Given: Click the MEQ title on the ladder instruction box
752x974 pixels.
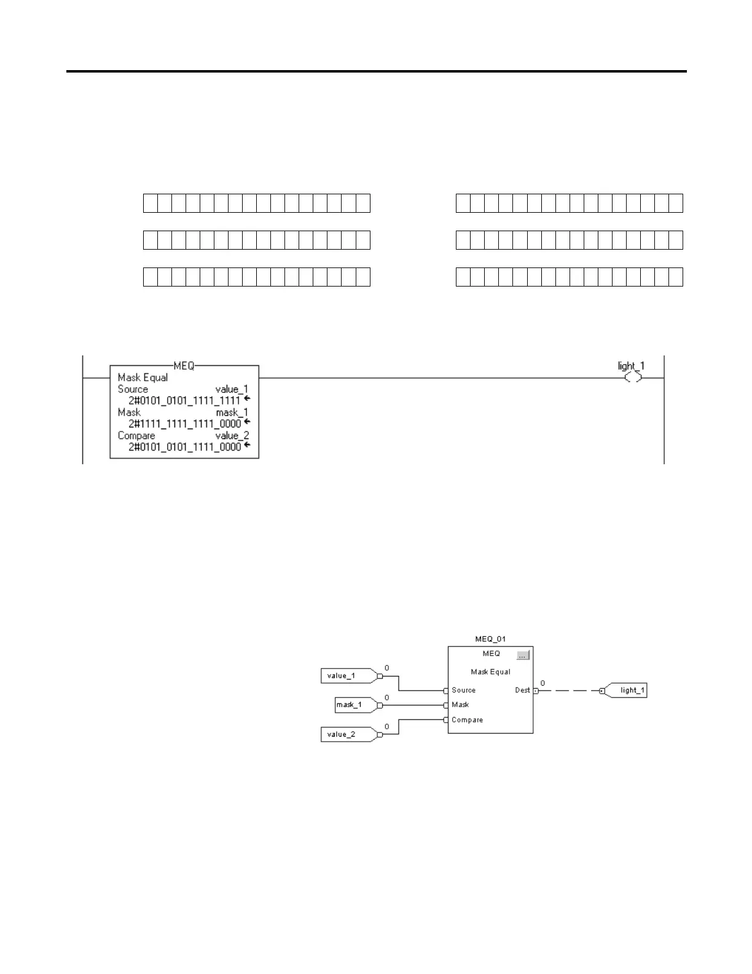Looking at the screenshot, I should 184,366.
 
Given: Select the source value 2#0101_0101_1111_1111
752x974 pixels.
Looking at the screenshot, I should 184,400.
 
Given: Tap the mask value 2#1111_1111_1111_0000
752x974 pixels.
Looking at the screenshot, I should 184,424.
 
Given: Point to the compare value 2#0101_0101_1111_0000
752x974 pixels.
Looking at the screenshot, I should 184,447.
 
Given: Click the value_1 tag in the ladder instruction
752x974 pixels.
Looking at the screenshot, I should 232,389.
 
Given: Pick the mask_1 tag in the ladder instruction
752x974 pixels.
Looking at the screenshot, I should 232,413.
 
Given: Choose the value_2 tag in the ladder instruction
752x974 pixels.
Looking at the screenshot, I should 232,436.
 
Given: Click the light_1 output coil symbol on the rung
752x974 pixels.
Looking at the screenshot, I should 633,378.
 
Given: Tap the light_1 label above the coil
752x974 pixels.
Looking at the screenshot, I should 631,366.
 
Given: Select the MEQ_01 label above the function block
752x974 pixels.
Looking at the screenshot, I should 490,639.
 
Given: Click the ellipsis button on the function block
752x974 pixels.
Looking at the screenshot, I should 522,655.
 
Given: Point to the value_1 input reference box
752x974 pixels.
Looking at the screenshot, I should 347,676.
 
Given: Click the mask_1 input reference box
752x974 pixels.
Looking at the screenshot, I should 354,705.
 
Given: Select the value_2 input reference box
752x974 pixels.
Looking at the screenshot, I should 347,734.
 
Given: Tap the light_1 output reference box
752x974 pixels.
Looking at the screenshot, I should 628,691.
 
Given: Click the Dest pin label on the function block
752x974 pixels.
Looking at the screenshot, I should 522,691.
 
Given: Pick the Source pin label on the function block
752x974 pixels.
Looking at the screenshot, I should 463,691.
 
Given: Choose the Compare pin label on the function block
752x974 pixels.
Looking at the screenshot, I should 467,720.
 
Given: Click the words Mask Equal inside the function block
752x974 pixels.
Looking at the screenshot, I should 490,672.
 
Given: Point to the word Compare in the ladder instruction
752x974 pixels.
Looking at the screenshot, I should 136,436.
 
